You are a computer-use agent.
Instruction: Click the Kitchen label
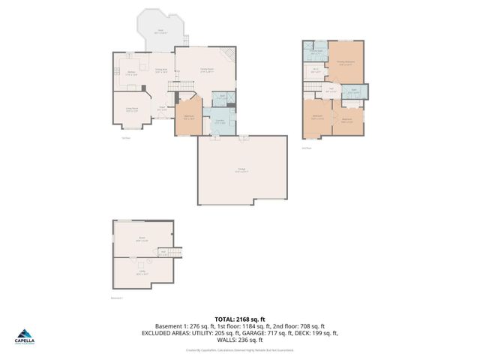pyautogui.click(x=130, y=73)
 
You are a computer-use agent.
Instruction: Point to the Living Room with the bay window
pyautogui.click(x=130, y=109)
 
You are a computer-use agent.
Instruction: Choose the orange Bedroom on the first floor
pyautogui.click(x=188, y=117)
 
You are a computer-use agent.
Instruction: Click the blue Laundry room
pyautogui.click(x=220, y=121)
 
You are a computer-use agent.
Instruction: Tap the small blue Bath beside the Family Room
pyautogui.click(x=221, y=96)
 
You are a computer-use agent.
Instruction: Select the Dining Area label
pyautogui.click(x=160, y=70)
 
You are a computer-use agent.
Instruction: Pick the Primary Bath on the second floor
pyautogui.click(x=316, y=52)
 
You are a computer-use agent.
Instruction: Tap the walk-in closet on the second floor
pyautogui.click(x=315, y=72)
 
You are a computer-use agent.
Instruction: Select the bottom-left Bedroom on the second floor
pyautogui.click(x=317, y=118)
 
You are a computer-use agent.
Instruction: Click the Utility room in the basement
pyautogui.click(x=141, y=273)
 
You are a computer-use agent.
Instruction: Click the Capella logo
pyautogui.click(x=24, y=337)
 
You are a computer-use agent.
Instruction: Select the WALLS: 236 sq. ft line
pyautogui.click(x=239, y=339)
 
